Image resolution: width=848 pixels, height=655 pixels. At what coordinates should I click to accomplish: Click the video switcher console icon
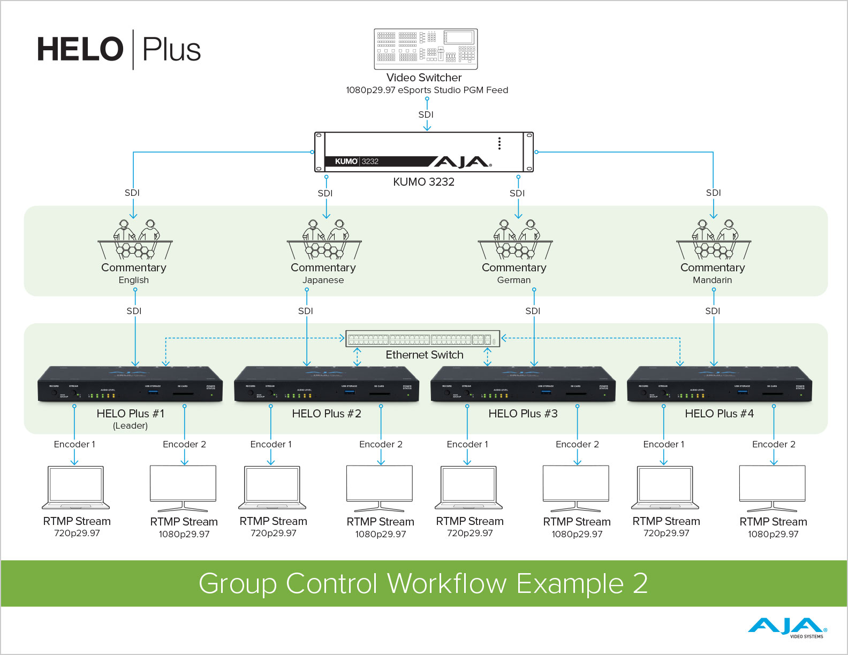coord(426,49)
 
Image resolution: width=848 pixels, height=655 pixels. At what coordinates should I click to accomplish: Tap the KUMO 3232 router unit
coord(423,152)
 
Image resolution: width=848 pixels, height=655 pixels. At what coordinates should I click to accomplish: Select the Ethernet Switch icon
coord(422,339)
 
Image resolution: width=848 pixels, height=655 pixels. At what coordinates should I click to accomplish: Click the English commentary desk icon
coord(135,240)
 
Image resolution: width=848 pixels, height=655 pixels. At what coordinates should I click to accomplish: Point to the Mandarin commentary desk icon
coord(714,240)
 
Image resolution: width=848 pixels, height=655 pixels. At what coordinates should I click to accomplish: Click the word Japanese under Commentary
coord(323,280)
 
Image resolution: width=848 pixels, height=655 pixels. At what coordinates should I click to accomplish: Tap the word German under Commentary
coord(514,280)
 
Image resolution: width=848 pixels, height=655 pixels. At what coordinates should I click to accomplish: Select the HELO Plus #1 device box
coord(130,384)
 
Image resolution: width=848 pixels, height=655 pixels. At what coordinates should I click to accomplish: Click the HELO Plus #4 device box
coord(720,384)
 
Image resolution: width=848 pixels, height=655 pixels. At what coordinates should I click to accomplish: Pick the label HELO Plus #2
coord(327,414)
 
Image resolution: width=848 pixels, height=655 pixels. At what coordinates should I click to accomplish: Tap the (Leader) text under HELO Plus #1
coord(130,426)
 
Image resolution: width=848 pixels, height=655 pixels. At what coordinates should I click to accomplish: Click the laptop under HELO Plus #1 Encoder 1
coord(76,488)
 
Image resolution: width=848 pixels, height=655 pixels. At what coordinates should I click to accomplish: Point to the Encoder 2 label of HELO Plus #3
coord(577,444)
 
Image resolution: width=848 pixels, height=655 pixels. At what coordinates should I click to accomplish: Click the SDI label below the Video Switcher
coord(426,115)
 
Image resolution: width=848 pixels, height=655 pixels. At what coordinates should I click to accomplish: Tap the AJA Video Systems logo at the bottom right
coord(787,627)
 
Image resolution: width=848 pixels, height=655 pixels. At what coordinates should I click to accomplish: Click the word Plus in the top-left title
coord(171,50)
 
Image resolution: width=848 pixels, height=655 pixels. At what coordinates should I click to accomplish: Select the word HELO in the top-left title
coord(80,50)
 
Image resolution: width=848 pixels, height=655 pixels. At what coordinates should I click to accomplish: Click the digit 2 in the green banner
coord(640,583)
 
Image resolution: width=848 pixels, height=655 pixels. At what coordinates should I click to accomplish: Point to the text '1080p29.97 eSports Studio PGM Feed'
coord(427,90)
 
